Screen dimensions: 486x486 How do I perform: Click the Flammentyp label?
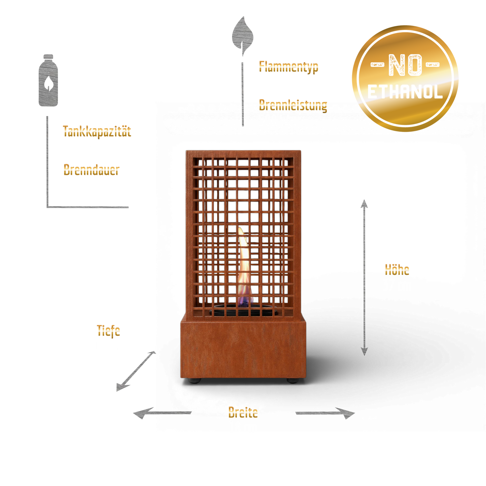coord(289,67)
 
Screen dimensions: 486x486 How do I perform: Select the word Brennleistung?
coord(293,105)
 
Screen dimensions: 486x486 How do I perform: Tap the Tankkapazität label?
coord(97,131)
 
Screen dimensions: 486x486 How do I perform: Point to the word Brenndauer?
coord(91,170)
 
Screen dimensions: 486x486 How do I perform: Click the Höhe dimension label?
coord(397,270)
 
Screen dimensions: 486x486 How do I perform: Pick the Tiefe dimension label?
coord(108,331)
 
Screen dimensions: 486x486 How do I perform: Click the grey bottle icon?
coord(48,80)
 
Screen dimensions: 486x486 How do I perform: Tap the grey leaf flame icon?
coord(242,35)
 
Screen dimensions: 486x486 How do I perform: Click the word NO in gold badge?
coord(405,65)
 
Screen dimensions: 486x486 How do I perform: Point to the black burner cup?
coord(242,310)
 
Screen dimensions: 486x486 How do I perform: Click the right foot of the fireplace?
coord(293,381)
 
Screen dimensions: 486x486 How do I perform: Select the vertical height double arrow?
coord(364,277)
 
